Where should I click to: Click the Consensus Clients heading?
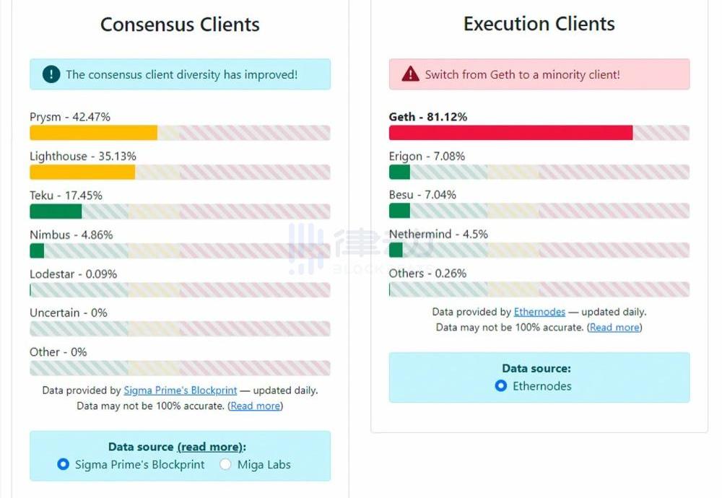pyautogui.click(x=180, y=25)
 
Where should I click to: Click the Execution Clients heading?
pyautogui.click(x=539, y=24)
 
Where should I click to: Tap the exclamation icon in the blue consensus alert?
pyautogui.click(x=51, y=74)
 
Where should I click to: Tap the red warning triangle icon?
pyautogui.click(x=410, y=74)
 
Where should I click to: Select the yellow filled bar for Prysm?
pyautogui.click(x=93, y=133)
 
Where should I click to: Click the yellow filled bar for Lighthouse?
pyautogui.click(x=82, y=172)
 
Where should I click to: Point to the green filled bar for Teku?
pyautogui.click(x=56, y=211)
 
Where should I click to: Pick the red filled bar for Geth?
pyautogui.click(x=510, y=133)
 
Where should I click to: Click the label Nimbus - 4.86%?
pyautogui.click(x=71, y=235)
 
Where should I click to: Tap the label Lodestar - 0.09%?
pyautogui.click(x=73, y=274)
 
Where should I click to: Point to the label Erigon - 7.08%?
pyautogui.click(x=427, y=156)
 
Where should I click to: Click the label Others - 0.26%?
pyautogui.click(x=427, y=273)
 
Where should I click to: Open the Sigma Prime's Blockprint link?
pyautogui.click(x=180, y=390)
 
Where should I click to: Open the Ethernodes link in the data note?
pyautogui.click(x=539, y=312)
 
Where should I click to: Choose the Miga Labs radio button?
pyautogui.click(x=226, y=465)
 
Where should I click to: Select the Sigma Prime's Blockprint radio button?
pyautogui.click(x=64, y=465)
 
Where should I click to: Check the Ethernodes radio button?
pyautogui.click(x=501, y=386)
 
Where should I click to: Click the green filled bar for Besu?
pyautogui.click(x=399, y=211)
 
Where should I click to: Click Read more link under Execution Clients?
pyautogui.click(x=614, y=327)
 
